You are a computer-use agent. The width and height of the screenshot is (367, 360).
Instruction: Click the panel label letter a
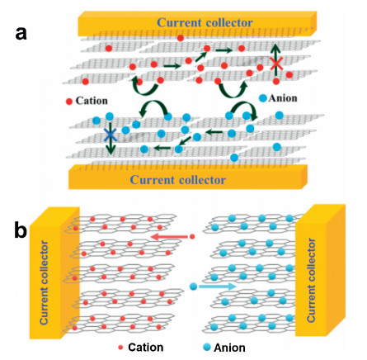pos(21,35)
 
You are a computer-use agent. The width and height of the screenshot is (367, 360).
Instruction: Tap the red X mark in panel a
pos(276,64)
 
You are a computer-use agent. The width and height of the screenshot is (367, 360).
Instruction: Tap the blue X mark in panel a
pos(111,135)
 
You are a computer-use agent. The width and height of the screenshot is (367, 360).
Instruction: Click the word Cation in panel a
pos(92,101)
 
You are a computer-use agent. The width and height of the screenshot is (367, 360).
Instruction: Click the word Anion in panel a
pos(283,98)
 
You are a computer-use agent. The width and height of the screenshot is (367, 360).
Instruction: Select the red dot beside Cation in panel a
pos(69,102)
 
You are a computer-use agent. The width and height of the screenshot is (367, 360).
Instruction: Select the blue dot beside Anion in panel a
pos(263,98)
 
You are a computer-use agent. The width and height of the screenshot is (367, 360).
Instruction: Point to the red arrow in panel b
pos(169,236)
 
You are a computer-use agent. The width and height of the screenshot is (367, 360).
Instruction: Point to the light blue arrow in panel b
pos(218,287)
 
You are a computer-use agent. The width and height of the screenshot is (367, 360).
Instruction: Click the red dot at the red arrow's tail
pos(192,236)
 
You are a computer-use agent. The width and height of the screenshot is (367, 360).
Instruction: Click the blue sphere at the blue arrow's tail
pos(194,287)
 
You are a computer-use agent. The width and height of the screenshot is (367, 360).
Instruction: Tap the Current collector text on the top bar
pos(205,22)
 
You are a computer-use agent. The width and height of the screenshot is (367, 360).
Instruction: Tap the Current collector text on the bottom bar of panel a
pos(178,180)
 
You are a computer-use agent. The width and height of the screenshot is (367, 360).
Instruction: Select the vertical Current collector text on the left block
pos(44,282)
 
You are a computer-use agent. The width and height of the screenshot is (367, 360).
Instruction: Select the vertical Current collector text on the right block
pos(311,280)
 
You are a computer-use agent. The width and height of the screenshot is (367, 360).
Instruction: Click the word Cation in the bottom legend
pos(146,348)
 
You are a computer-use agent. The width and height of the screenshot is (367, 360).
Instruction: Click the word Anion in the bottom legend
pos(229,348)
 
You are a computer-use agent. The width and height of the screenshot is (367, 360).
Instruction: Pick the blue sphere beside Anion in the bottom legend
pos(207,348)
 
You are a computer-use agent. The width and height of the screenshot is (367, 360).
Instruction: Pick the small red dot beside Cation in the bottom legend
pos(120,348)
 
